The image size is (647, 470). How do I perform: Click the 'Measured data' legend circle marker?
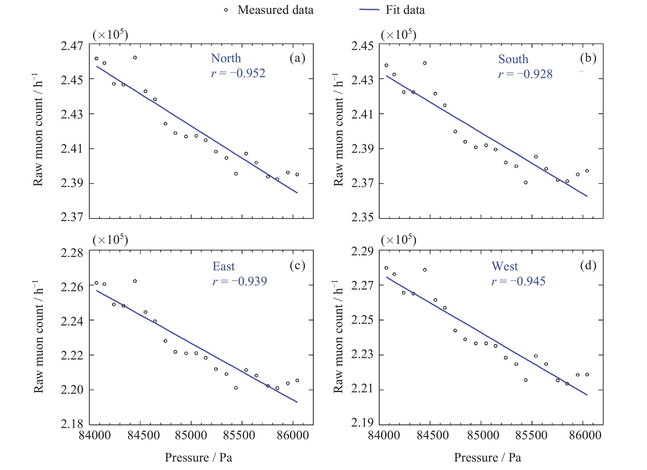226,10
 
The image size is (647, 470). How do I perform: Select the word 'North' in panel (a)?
226,58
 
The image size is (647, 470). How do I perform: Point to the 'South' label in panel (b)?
513,59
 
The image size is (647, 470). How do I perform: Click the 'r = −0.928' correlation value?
525,74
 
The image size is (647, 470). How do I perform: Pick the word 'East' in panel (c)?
224,266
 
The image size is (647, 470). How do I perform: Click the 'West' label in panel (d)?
504,266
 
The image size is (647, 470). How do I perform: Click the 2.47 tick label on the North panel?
72,46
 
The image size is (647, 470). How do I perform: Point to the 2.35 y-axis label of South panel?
362,217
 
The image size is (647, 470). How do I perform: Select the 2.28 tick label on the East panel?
72,253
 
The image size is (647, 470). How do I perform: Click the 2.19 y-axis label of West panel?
362,423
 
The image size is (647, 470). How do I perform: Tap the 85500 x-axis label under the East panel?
239,436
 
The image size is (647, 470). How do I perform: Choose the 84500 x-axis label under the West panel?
432,436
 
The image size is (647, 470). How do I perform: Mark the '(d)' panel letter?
588,266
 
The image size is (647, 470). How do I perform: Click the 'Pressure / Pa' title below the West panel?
488,458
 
